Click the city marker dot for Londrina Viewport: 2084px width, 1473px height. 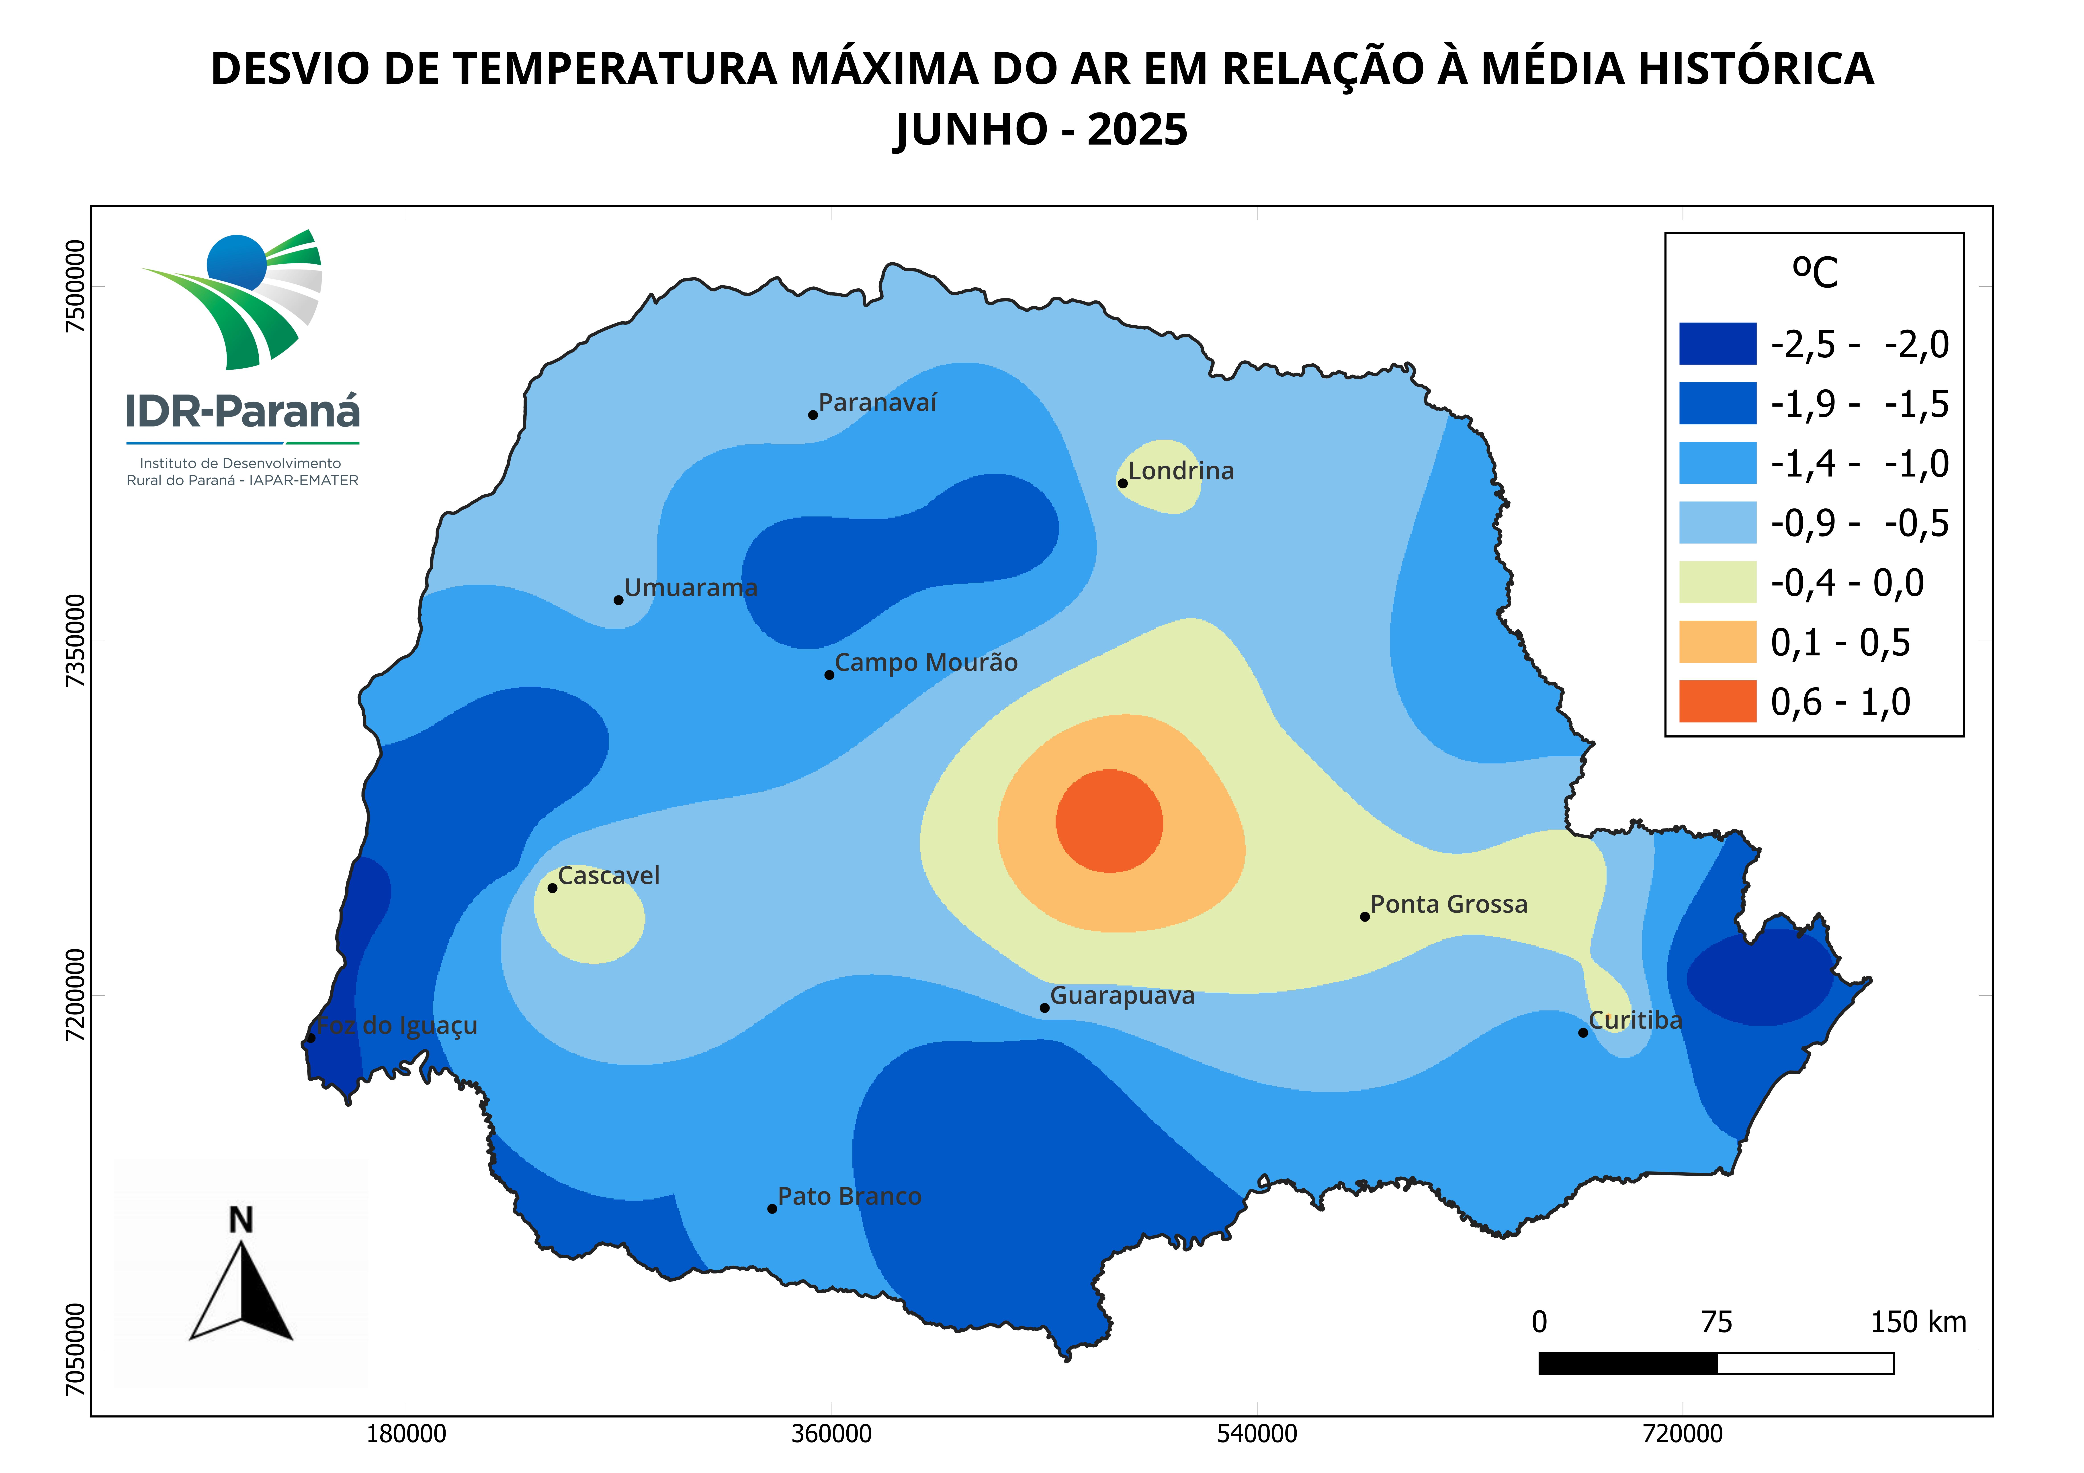click(x=1123, y=483)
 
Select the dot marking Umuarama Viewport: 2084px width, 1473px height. click(x=618, y=600)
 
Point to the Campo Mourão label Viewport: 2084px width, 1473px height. click(x=926, y=663)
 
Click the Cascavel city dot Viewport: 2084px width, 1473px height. click(x=552, y=888)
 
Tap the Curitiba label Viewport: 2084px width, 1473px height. click(x=1635, y=1020)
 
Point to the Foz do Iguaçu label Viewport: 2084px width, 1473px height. click(x=397, y=1026)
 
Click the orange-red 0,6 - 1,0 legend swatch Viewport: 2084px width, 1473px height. click(x=1717, y=702)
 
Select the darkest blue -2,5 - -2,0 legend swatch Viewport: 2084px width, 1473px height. click(x=1717, y=344)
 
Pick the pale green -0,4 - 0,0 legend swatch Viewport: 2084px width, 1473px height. click(x=1717, y=582)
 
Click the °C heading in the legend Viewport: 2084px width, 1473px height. click(x=1814, y=271)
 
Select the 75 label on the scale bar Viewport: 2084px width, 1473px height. click(x=1716, y=1322)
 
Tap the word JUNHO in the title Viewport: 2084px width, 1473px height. click(x=971, y=130)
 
